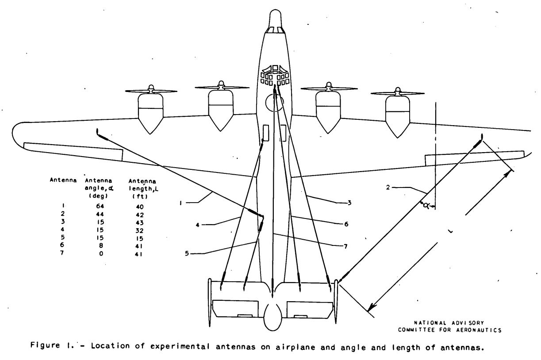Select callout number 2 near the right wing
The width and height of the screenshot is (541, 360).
coord(388,187)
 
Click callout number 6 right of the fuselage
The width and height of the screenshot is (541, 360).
coord(346,224)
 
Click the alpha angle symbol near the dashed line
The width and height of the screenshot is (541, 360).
coord(426,205)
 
